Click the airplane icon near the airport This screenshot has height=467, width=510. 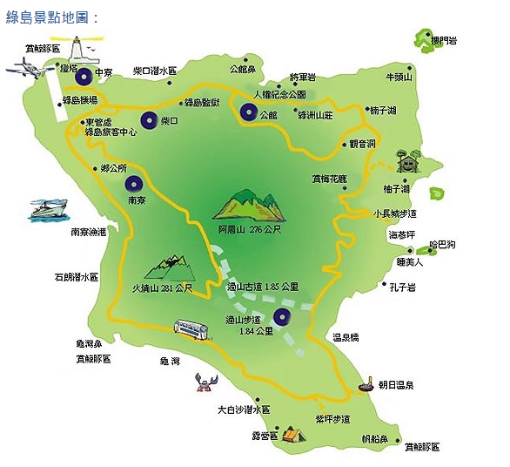click(30, 65)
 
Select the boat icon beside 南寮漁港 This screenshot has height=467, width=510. click(49, 209)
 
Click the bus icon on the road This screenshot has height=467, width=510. click(192, 328)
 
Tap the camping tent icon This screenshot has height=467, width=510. click(292, 432)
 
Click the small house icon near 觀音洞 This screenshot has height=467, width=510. click(406, 161)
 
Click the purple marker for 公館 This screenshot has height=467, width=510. click(250, 112)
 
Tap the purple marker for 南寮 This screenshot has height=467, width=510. click(134, 183)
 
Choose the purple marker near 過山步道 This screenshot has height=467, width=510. click(282, 316)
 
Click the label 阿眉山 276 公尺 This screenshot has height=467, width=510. click(250, 230)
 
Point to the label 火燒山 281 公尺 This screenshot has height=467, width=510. click(161, 287)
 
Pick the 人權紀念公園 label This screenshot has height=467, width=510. click(279, 94)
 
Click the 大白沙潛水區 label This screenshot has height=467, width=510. click(244, 409)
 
